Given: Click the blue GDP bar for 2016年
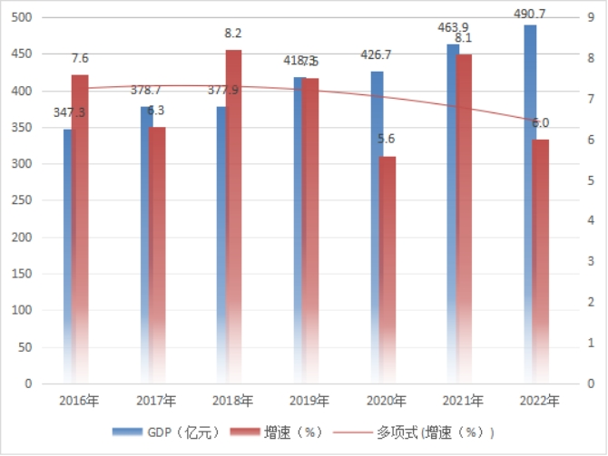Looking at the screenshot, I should click(67, 254).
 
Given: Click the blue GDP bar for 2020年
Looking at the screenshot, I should click(376, 227).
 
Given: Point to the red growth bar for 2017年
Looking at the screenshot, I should click(157, 255).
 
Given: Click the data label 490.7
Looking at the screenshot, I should click(530, 14).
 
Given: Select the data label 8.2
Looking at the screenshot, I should click(233, 34).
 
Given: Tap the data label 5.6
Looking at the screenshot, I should click(387, 140).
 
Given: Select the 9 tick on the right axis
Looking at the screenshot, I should click(590, 17).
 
